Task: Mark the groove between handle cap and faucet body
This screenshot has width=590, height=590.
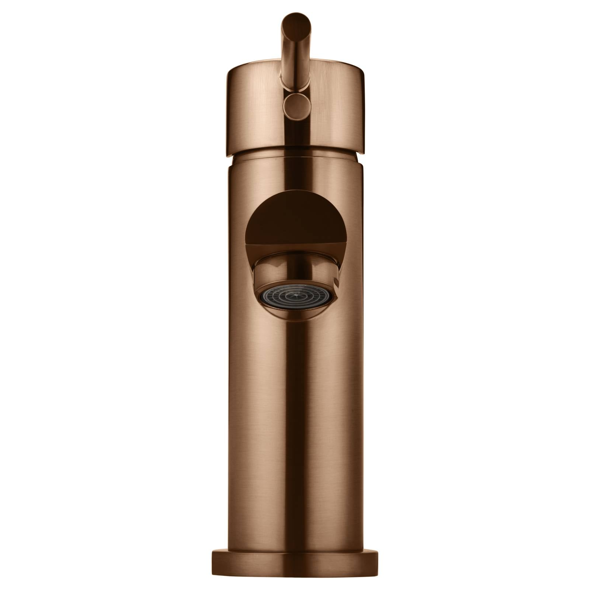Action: (295, 152)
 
